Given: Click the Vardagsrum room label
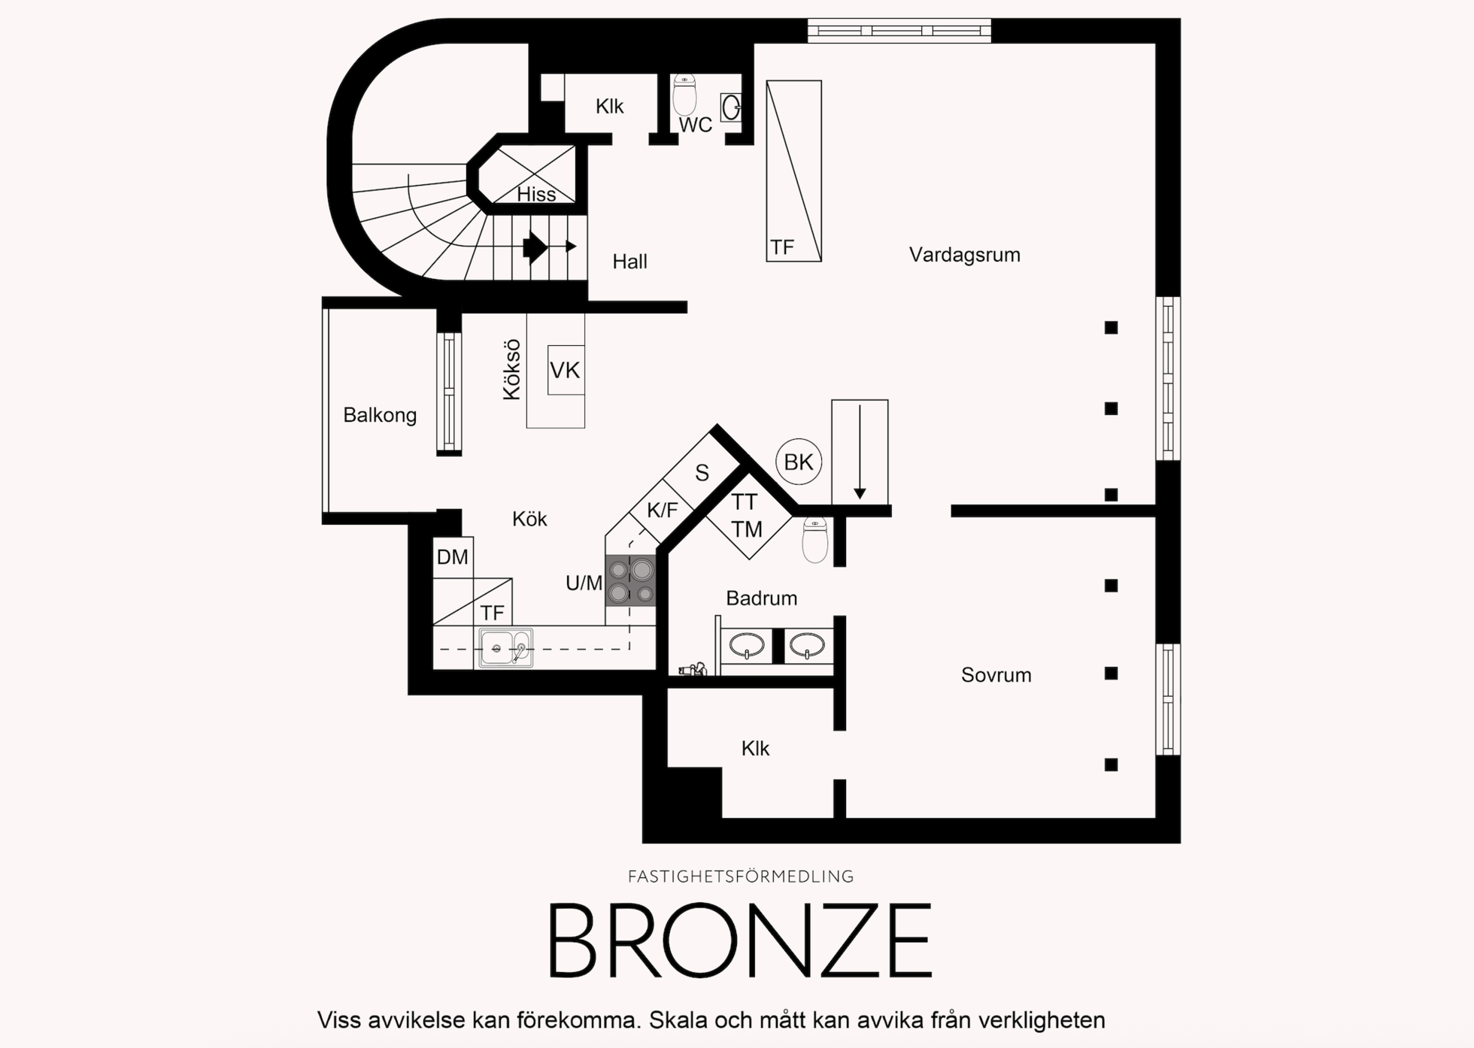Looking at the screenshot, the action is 964,255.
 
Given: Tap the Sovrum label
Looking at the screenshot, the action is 996,674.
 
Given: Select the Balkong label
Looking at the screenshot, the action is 380,415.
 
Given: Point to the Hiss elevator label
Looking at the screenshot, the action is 536,194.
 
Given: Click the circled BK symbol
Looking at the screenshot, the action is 799,462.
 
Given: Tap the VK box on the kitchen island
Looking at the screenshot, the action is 566,370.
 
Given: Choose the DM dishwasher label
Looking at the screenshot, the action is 452,557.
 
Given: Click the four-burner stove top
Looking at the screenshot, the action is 630,580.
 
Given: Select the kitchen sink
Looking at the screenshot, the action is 505,647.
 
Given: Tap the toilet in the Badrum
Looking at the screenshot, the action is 815,539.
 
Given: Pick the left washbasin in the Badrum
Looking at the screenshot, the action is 746,645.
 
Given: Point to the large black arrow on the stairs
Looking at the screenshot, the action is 535,247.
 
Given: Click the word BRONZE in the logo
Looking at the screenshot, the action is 740,940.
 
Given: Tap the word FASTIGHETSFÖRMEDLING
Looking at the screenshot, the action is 741,877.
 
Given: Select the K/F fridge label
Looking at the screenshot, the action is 663,510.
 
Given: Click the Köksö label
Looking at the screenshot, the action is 511,370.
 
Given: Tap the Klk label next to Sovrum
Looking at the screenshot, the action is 755,748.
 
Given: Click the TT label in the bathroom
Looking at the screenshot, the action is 745,501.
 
